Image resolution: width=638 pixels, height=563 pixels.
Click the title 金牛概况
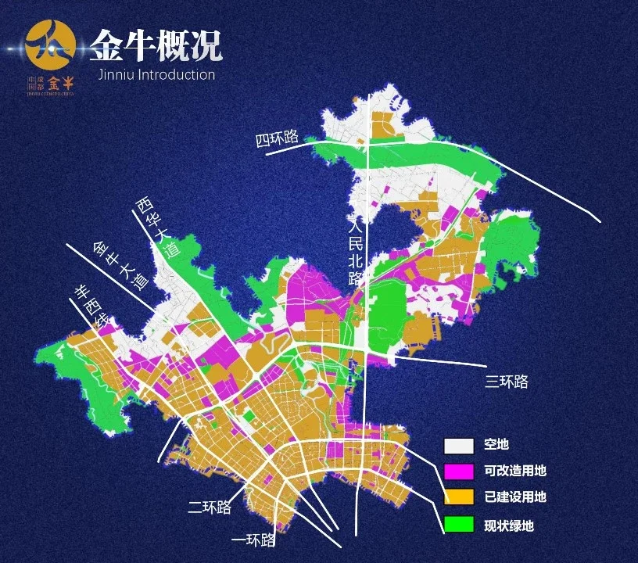pyautogui.click(x=155, y=46)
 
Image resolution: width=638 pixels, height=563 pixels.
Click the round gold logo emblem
pyautogui.click(x=51, y=45)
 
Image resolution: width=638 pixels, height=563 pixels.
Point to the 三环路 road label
pyautogui.click(x=507, y=382)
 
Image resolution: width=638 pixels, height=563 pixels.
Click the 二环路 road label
pyautogui.click(x=210, y=507)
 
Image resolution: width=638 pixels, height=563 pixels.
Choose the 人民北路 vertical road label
pyautogui.click(x=356, y=255)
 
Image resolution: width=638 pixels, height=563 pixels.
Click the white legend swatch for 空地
pyautogui.click(x=459, y=446)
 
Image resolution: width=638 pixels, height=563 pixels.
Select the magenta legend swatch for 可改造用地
pyautogui.click(x=459, y=472)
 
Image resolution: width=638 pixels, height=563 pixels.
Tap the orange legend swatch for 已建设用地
pyautogui.click(x=459, y=497)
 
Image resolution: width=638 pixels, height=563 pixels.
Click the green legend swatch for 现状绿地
pyautogui.click(x=459, y=524)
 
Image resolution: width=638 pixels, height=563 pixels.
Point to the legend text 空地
pyautogui.click(x=496, y=445)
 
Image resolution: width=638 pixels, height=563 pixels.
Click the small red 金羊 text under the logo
pyautogui.click(x=60, y=83)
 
